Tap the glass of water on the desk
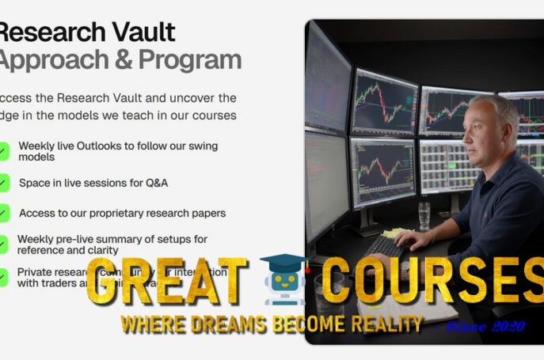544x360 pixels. point(425,215)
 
